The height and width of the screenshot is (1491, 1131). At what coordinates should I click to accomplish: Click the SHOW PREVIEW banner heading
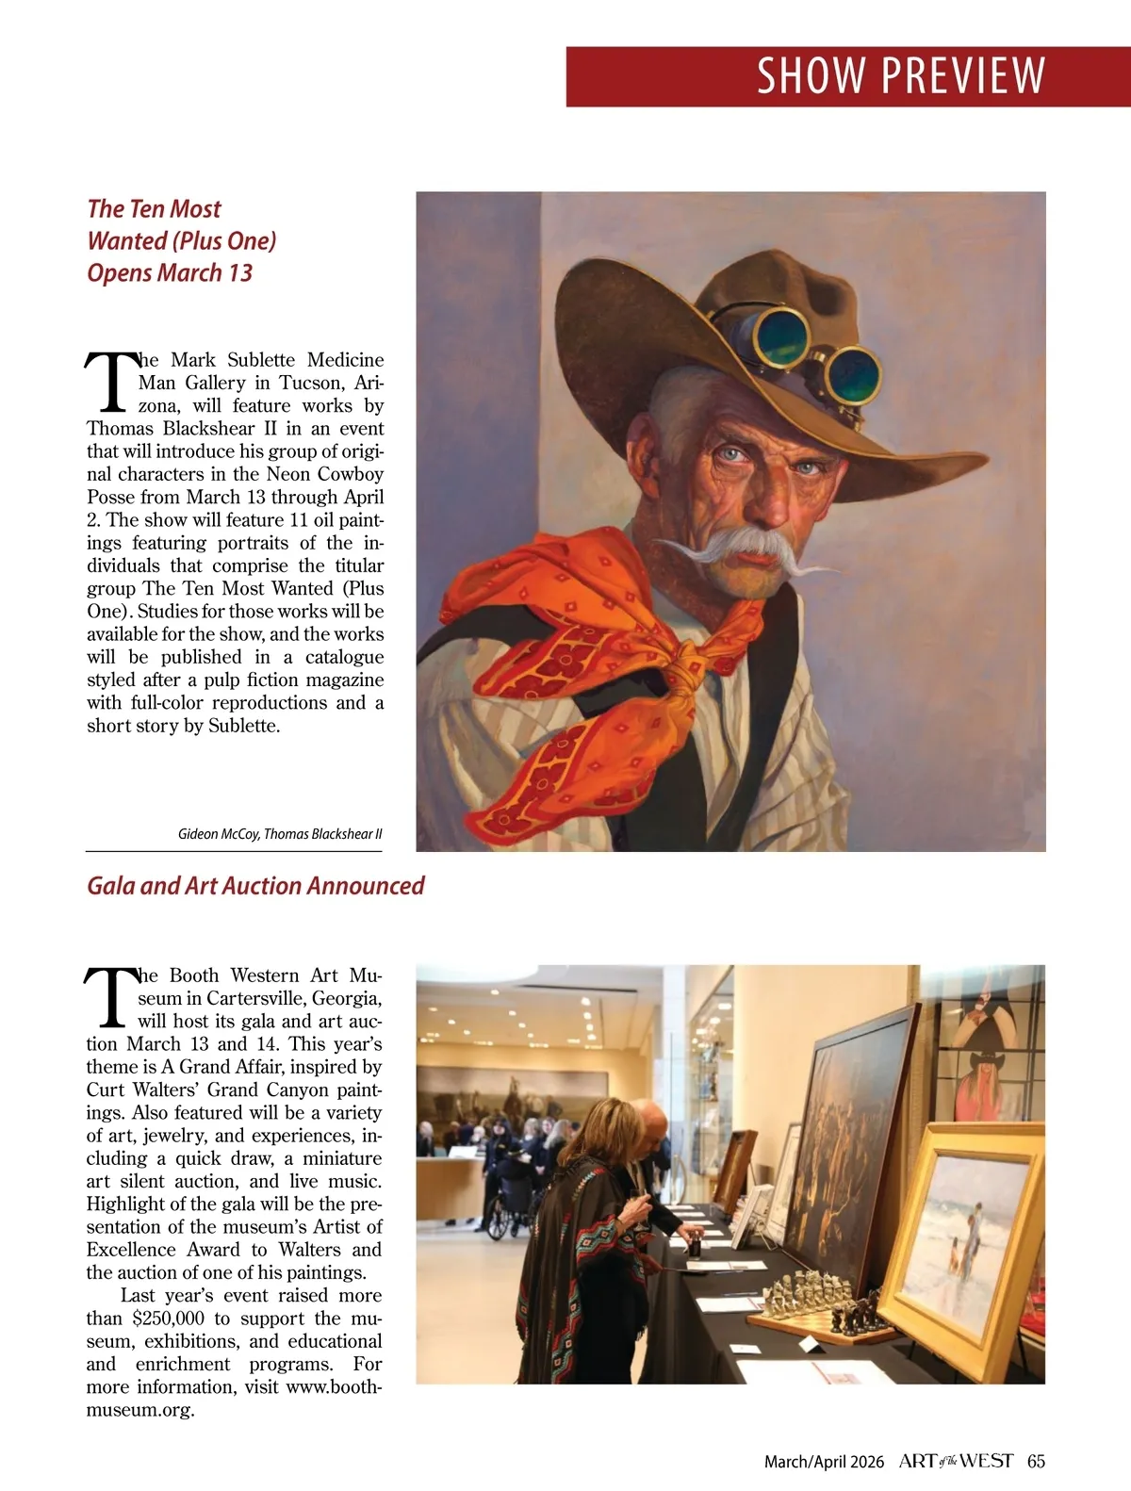(x=900, y=76)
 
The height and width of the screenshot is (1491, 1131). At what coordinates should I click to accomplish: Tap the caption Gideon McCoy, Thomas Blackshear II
(x=280, y=834)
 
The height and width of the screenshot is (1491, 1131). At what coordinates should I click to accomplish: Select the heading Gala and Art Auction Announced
(x=255, y=886)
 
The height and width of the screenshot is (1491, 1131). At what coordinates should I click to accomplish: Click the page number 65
(x=1036, y=1461)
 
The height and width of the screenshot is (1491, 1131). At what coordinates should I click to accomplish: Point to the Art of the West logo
(x=956, y=1461)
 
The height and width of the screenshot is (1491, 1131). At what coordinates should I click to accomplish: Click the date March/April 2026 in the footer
(x=824, y=1462)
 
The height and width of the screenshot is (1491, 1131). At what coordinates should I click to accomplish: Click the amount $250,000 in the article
(x=168, y=1319)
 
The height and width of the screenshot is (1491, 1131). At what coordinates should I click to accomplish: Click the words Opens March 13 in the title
(x=170, y=273)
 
